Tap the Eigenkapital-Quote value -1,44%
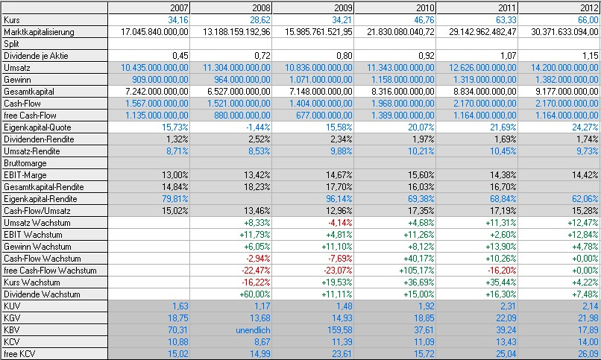(x=255, y=127)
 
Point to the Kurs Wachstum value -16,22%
(x=254, y=282)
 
